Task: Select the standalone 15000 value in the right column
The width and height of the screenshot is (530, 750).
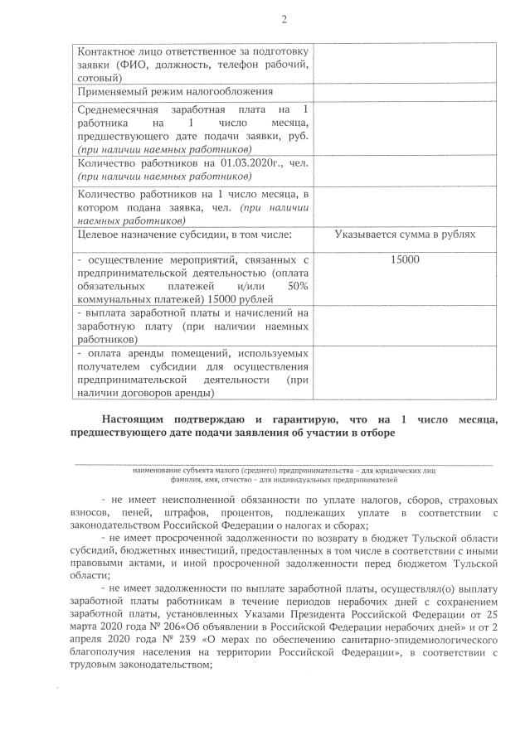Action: tap(405, 259)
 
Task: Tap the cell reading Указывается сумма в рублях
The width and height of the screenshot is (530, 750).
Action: tap(405, 235)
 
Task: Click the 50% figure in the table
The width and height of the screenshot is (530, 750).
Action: tap(297, 286)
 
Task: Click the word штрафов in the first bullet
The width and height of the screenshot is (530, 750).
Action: tap(187, 513)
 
